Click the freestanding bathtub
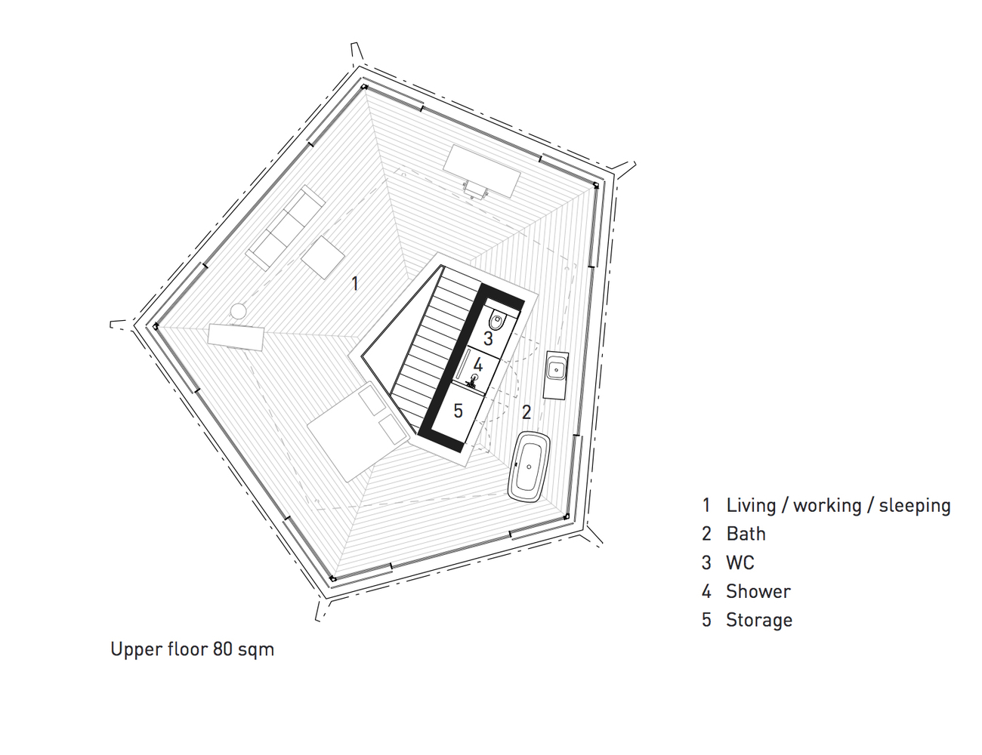(530, 467)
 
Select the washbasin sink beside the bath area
(556, 370)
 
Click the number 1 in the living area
(355, 284)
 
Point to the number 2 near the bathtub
(526, 411)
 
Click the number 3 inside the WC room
(488, 338)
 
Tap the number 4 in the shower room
(478, 365)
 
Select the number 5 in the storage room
(459, 411)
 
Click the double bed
(358, 431)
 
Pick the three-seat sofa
(285, 228)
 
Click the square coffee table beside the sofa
(323, 257)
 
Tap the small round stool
(238, 311)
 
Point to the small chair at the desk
(475, 190)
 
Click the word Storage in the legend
(759, 620)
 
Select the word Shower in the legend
(758, 591)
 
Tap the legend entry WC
(740, 562)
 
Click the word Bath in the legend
(746, 534)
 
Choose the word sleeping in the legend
(915, 506)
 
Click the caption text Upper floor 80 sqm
(193, 649)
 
